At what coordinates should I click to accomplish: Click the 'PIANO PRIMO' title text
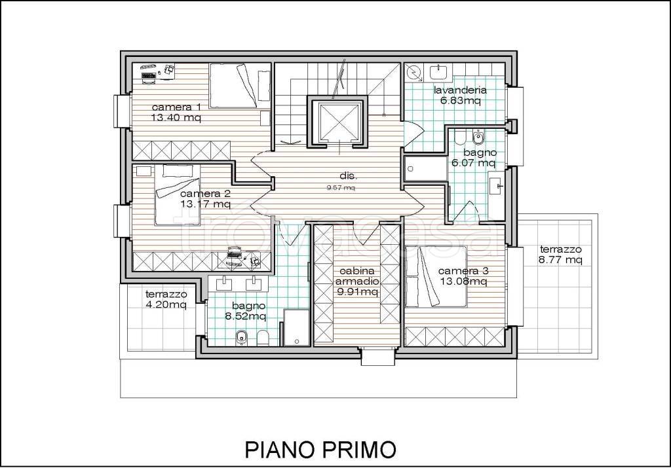pyautogui.click(x=320, y=450)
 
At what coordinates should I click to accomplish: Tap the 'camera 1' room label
pyautogui.click(x=176, y=107)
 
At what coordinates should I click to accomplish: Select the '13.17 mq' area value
pyautogui.click(x=205, y=204)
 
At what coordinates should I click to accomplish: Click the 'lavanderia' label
pyautogui.click(x=460, y=90)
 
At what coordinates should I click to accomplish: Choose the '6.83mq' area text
pyautogui.click(x=461, y=101)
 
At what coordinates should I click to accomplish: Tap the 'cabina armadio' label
pyautogui.click(x=357, y=276)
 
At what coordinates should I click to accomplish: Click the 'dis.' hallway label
pyautogui.click(x=349, y=176)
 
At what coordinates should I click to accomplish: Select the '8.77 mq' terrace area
pyautogui.click(x=561, y=260)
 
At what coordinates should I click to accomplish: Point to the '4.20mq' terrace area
pyautogui.click(x=166, y=305)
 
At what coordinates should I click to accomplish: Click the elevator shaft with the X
pyautogui.click(x=338, y=122)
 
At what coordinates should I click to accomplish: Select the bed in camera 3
pyautogui.click(x=436, y=276)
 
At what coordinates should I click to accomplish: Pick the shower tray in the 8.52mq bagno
pyautogui.click(x=296, y=327)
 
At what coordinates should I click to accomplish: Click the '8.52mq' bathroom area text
pyautogui.click(x=246, y=316)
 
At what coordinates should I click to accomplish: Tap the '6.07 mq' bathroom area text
pyautogui.click(x=474, y=163)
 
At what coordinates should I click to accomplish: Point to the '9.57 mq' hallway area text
pyautogui.click(x=341, y=187)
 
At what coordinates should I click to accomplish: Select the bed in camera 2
pyautogui.click(x=177, y=195)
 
